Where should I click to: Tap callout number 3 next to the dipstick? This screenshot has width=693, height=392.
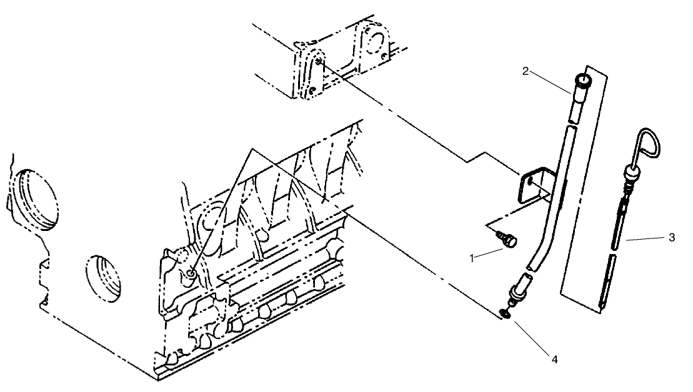tap(671, 237)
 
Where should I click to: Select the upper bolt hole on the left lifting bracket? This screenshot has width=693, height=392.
tap(319, 61)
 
